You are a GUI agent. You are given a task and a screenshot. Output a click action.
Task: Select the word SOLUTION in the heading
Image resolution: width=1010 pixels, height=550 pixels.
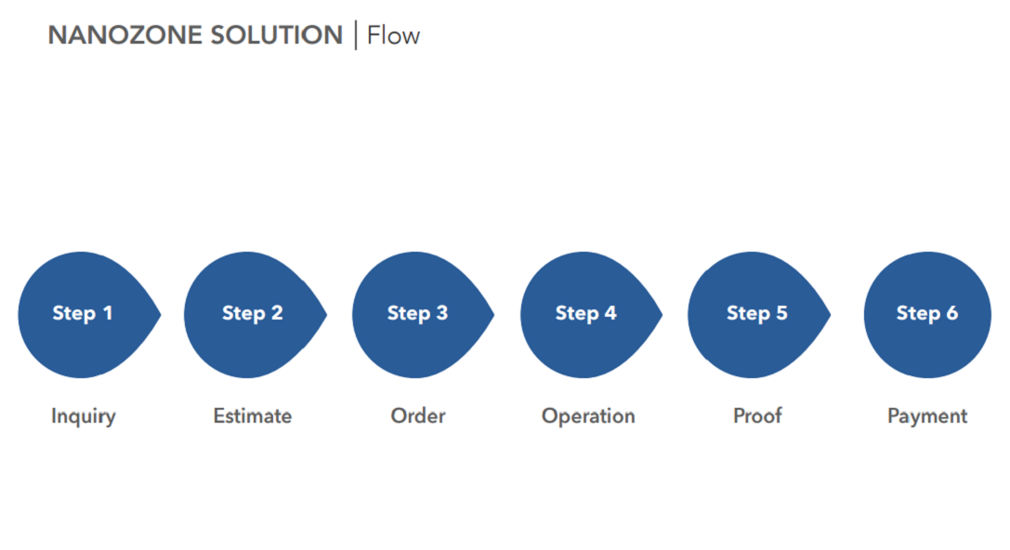[277, 35]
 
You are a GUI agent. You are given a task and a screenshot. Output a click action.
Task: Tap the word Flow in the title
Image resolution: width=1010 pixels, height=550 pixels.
[394, 35]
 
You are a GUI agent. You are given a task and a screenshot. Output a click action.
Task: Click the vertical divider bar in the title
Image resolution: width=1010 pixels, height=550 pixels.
[356, 35]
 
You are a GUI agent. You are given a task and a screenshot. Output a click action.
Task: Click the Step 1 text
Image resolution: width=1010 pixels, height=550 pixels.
[83, 313]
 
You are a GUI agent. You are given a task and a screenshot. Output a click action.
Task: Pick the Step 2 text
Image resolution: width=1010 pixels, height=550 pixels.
[253, 313]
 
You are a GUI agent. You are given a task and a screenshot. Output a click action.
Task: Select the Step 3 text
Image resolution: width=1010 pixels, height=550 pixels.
[417, 313]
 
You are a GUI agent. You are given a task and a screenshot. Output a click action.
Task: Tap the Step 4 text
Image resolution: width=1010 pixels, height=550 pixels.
[586, 313]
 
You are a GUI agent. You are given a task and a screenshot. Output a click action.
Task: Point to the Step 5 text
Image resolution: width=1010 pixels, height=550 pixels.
[757, 313]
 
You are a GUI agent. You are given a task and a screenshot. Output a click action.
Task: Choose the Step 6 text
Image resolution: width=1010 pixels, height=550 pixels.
[927, 313]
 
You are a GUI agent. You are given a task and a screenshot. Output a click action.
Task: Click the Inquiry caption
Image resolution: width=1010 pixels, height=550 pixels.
[84, 417]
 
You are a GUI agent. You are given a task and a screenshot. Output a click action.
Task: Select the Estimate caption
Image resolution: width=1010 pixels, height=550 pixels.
[253, 416]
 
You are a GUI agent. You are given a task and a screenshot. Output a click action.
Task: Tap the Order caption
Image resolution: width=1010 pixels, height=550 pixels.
[418, 416]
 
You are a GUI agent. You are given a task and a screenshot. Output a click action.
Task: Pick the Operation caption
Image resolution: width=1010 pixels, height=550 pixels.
[588, 417]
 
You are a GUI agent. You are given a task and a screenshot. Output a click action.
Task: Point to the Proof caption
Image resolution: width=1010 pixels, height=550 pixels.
[757, 416]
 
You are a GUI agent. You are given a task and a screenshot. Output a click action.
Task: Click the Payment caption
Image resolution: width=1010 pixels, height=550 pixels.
[927, 417]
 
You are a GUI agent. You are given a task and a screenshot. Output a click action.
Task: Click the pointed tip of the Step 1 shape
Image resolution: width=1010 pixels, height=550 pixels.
[161, 314]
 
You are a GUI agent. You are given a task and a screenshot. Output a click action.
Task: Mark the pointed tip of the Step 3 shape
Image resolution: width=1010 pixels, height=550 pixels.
[494, 314]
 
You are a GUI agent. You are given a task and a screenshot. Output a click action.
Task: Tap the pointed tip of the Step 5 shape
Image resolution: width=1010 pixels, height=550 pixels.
[831, 314]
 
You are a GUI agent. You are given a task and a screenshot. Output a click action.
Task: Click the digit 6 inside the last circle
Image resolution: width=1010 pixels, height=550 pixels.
[952, 313]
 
